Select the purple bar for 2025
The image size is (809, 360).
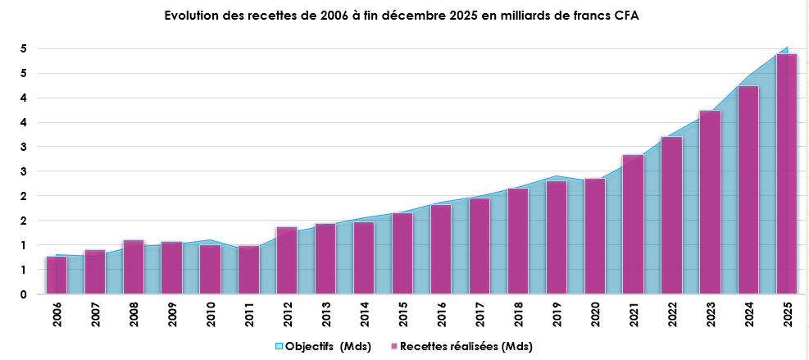(786, 173)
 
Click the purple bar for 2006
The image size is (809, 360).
(57, 275)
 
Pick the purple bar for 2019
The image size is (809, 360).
(557, 237)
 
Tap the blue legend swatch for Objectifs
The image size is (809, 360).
(279, 347)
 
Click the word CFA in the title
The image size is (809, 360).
(625, 16)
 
